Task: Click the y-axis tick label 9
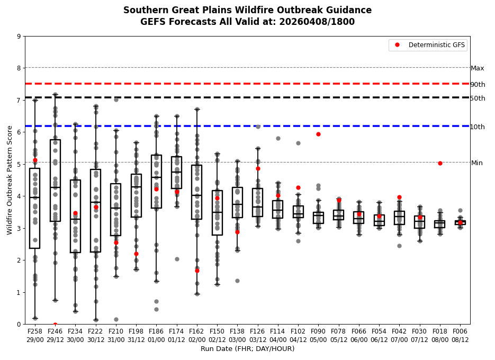pyautogui.click(x=19, y=37)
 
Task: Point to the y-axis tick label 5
pyautogui.click(x=19, y=165)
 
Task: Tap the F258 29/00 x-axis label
pyautogui.click(x=35, y=336)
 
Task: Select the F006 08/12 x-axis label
pyautogui.click(x=460, y=336)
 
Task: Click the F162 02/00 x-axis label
pyautogui.click(x=197, y=336)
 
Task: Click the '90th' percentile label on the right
pyautogui.click(x=478, y=85)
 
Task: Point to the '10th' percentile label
pyautogui.click(x=478, y=127)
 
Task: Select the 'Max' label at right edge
pyautogui.click(x=478, y=68)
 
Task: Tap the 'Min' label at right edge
pyautogui.click(x=477, y=163)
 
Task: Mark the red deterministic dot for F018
pyautogui.click(x=440, y=163)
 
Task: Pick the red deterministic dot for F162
pyautogui.click(x=197, y=271)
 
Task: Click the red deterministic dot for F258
pyautogui.click(x=35, y=160)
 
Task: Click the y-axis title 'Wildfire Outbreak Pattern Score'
pyautogui.click(x=10, y=180)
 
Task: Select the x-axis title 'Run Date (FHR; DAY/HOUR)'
pyautogui.click(x=247, y=349)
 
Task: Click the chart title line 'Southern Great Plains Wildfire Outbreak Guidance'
pyautogui.click(x=247, y=10)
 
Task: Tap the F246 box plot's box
pyautogui.click(x=55, y=180)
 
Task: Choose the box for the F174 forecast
pyautogui.click(x=176, y=173)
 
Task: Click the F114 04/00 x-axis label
pyautogui.click(x=278, y=336)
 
